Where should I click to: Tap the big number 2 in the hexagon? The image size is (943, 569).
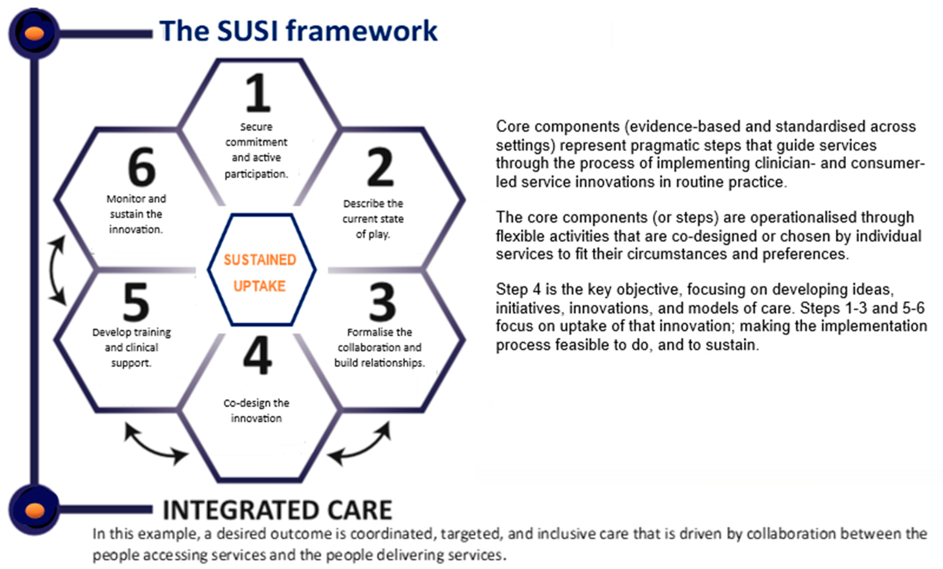[x=380, y=167]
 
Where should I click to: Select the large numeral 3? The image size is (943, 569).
[x=382, y=302]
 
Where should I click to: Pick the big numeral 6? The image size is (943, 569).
[x=141, y=167]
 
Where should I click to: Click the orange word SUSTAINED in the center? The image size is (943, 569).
[x=260, y=260]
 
